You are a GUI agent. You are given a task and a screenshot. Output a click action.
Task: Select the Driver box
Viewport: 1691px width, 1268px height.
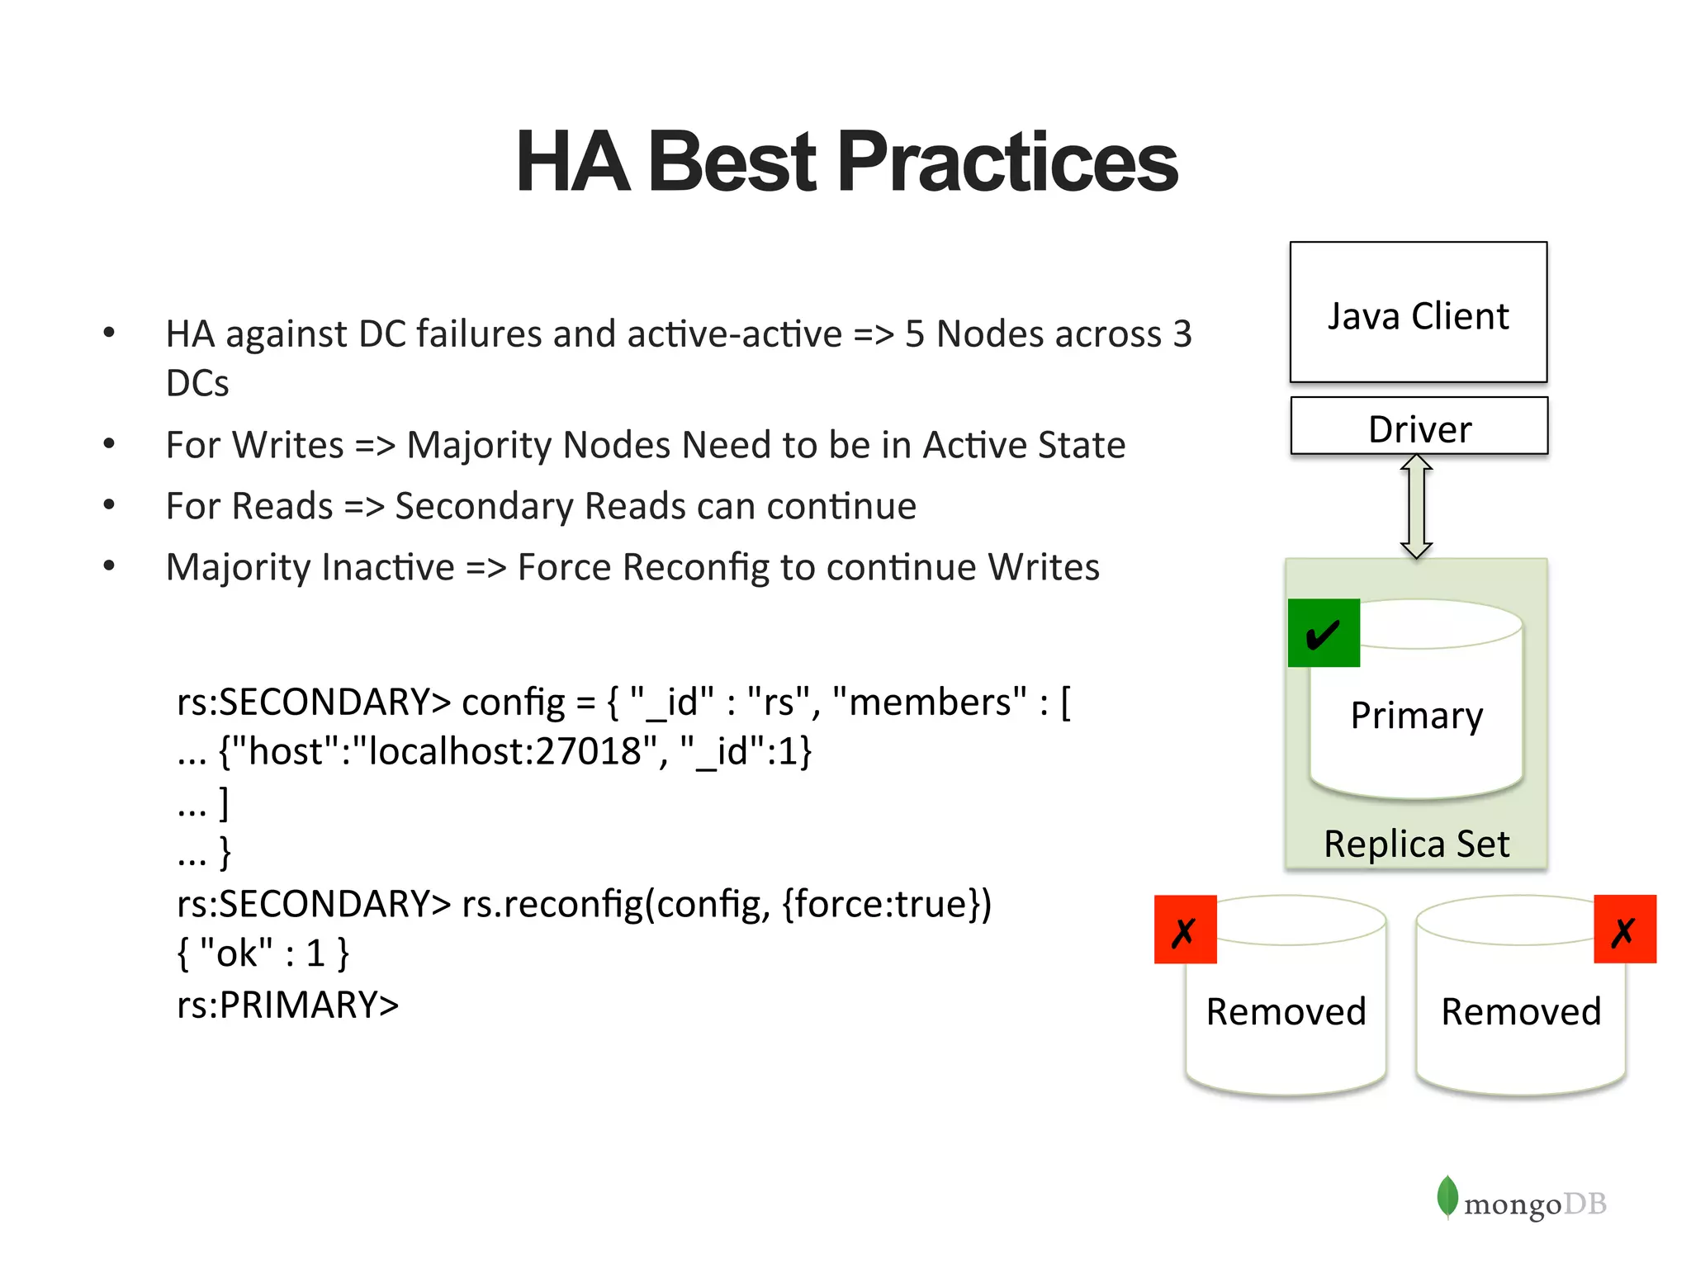pyautogui.click(x=1419, y=427)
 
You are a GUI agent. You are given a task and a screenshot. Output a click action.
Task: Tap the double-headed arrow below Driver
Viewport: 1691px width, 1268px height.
pyautogui.click(x=1416, y=506)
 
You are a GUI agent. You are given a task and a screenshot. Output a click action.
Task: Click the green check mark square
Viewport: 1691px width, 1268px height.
pyautogui.click(x=1324, y=633)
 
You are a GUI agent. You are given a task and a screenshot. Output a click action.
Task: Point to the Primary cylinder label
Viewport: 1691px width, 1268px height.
pyautogui.click(x=1416, y=715)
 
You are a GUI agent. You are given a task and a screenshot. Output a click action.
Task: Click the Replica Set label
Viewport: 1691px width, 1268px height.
pyautogui.click(x=1416, y=844)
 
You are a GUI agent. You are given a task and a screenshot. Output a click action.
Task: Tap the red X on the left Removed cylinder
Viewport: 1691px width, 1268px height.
pyautogui.click(x=1185, y=930)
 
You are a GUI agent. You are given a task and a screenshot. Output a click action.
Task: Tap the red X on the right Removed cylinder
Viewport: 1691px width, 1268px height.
pyautogui.click(x=1624, y=930)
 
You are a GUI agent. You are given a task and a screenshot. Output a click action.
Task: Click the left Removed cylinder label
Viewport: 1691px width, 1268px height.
pyautogui.click(x=1286, y=1011)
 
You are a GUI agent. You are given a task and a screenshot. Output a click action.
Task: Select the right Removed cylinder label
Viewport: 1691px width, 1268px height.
pyautogui.click(x=1521, y=1011)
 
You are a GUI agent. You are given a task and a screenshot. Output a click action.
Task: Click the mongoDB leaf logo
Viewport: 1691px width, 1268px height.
pyautogui.click(x=1447, y=1196)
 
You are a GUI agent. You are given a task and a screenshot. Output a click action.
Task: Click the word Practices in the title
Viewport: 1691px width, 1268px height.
pyautogui.click(x=1007, y=162)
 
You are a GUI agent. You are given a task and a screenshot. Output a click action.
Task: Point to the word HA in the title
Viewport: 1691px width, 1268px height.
pyautogui.click(x=573, y=162)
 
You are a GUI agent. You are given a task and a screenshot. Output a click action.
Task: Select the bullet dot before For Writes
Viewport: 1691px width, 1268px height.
pyautogui.click(x=109, y=444)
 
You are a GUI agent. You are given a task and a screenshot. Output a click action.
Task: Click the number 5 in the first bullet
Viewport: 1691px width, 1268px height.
pyautogui.click(x=915, y=334)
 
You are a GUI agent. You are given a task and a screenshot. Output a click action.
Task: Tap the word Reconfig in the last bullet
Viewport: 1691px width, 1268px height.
pyautogui.click(x=697, y=568)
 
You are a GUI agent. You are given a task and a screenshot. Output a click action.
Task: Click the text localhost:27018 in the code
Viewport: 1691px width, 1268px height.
pyautogui.click(x=505, y=751)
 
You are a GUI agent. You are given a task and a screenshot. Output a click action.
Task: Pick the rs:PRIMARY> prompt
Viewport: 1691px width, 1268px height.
pyautogui.click(x=287, y=1005)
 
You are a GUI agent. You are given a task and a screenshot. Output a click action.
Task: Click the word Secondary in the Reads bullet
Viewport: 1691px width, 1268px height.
pyautogui.click(x=484, y=506)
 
